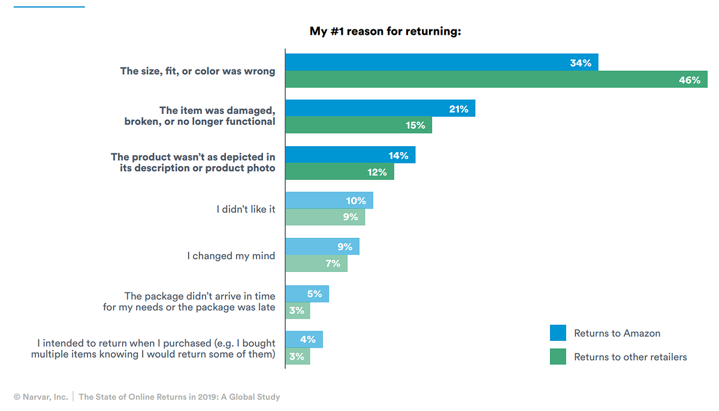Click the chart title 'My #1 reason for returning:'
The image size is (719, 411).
coord(385,31)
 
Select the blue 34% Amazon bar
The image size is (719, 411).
coord(441,62)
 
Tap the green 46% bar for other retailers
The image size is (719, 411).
coord(496,80)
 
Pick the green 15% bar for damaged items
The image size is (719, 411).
coord(358,125)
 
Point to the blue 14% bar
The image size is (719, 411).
coord(350,155)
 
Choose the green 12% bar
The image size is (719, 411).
coord(340,171)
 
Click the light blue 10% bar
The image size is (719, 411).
coord(329,200)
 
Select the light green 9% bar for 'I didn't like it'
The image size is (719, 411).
coord(325,217)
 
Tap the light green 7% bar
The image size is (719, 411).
coord(316,263)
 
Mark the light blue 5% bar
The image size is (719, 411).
coord(307,294)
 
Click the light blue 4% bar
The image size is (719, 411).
coord(304,340)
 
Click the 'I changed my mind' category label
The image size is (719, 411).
coord(231,256)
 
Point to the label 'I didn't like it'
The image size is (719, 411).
coord(246,209)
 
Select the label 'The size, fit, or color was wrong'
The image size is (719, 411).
coord(198,71)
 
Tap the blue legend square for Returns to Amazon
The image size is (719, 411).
coord(558,333)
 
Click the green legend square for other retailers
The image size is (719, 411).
coord(558,356)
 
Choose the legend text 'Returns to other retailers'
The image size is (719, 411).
coord(630,357)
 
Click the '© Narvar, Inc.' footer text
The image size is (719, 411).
coord(41,397)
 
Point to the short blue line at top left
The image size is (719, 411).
coord(49,7)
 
